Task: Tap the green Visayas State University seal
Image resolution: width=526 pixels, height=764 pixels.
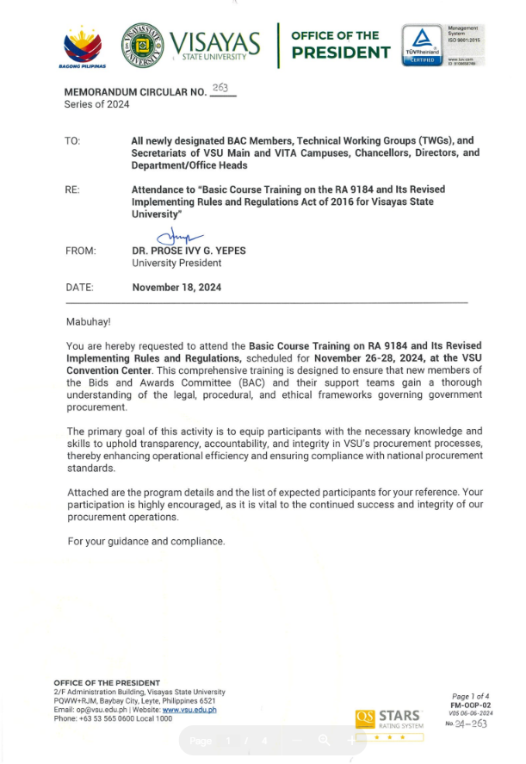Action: click(x=144, y=44)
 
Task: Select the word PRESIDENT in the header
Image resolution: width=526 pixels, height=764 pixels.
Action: click(x=340, y=53)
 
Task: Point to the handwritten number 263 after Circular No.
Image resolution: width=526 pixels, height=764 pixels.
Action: click(x=222, y=88)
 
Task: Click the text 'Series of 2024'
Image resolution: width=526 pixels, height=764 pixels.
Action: click(x=96, y=104)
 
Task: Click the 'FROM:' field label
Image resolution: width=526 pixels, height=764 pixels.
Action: click(x=80, y=251)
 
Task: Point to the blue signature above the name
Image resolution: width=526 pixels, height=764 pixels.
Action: click(x=179, y=237)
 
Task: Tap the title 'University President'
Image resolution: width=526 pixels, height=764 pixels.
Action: click(x=176, y=263)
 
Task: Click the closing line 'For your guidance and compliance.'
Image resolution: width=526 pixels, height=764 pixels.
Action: click(x=145, y=541)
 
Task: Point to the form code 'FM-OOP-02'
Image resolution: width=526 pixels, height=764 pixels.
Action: click(x=471, y=705)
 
